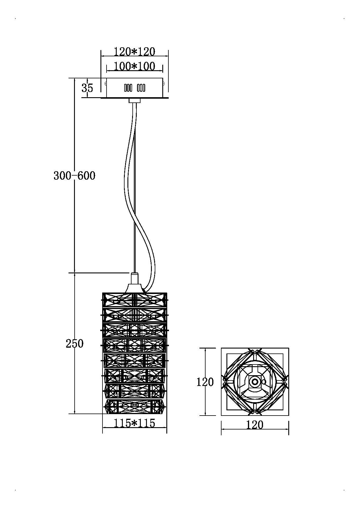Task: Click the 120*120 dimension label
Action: click(x=134, y=52)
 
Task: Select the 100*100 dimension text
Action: click(x=134, y=66)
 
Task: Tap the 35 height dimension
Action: click(x=87, y=88)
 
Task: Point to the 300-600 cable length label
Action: click(x=74, y=176)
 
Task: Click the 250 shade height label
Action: click(x=74, y=344)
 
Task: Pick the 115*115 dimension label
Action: click(x=134, y=423)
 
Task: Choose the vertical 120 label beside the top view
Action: click(x=205, y=382)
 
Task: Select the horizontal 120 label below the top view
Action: click(x=255, y=425)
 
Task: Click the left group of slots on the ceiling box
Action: click(x=128, y=88)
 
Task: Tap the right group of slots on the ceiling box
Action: click(x=141, y=88)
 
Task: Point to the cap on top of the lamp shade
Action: click(x=134, y=283)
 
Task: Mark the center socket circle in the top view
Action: click(x=255, y=382)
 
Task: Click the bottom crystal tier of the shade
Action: click(x=135, y=407)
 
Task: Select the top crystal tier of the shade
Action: click(x=135, y=300)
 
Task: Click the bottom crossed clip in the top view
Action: click(x=255, y=411)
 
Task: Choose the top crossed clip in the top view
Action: click(x=255, y=351)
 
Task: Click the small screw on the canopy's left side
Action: click(x=105, y=84)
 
